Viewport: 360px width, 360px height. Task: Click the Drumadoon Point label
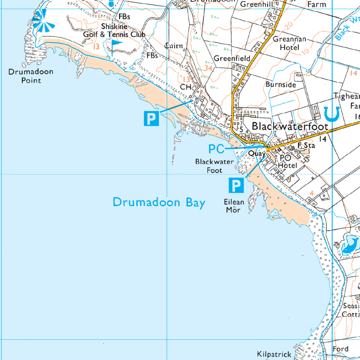pyautogui.click(x=24, y=76)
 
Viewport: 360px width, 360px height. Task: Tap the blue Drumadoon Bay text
pyautogui.click(x=159, y=202)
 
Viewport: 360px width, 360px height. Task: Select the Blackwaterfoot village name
pyautogui.click(x=290, y=127)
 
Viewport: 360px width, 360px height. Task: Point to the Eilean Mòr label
pyautogui.click(x=234, y=206)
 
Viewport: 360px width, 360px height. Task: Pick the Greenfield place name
pyautogui.click(x=232, y=58)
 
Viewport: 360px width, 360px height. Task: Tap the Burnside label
pyautogui.click(x=281, y=85)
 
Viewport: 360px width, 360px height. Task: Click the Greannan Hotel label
pyautogui.click(x=289, y=43)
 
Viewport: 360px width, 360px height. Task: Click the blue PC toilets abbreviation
pyautogui.click(x=216, y=148)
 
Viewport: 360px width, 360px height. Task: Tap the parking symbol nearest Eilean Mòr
pyautogui.click(x=236, y=185)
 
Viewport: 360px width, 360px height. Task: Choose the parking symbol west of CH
pyautogui.click(x=151, y=118)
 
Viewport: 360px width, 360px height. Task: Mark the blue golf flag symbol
pyautogui.click(x=117, y=44)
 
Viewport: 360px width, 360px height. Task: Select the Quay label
pyautogui.click(x=256, y=153)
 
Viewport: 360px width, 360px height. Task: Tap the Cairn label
pyautogui.click(x=174, y=46)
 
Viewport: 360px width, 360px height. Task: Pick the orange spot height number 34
pyautogui.click(x=207, y=68)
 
